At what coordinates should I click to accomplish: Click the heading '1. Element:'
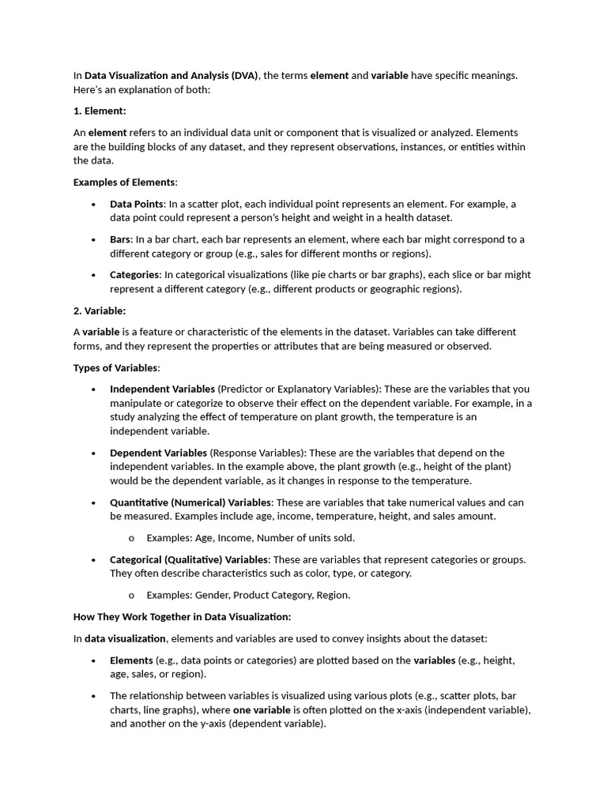[x=100, y=111]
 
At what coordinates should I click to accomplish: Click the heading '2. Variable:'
[x=100, y=310]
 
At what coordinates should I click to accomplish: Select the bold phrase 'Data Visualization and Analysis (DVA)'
[x=172, y=75]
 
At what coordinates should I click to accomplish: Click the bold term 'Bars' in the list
[x=120, y=239]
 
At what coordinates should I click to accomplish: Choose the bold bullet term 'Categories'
[x=134, y=275]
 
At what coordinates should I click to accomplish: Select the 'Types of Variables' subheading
[x=116, y=367]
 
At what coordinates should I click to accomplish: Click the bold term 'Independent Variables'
[x=162, y=389]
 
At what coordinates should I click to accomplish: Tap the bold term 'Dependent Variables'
[x=158, y=453]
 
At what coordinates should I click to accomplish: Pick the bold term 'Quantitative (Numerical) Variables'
[x=190, y=502]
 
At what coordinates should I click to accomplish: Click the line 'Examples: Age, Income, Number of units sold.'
[x=251, y=538]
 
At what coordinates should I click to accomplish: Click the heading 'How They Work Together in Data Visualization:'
[x=182, y=616]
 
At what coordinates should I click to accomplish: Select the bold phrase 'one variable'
[x=257, y=709]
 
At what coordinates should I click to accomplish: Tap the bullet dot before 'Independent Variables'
[x=94, y=389]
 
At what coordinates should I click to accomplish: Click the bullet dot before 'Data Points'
[x=94, y=204]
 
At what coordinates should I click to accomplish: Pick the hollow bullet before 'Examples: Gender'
[x=131, y=595]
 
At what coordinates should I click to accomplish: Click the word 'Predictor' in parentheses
[x=244, y=389]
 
